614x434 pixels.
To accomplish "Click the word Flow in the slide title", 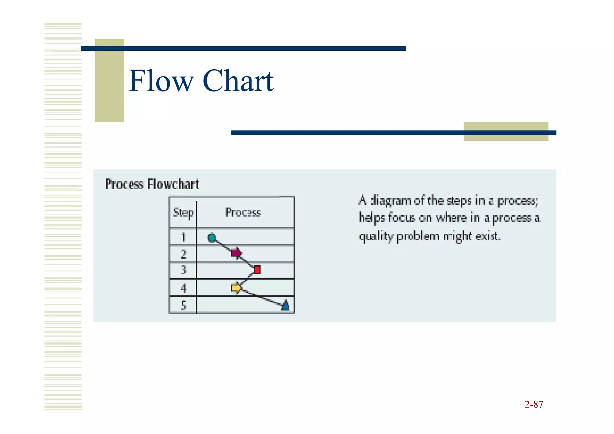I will tap(161, 81).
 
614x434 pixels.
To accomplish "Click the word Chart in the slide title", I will tap(238, 81).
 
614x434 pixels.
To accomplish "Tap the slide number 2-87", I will tap(534, 404).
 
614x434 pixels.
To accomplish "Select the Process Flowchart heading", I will tap(152, 184).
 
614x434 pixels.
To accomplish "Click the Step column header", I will tap(183, 213).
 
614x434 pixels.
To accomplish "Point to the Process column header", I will tap(243, 212).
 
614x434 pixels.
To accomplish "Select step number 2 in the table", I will tap(183, 254).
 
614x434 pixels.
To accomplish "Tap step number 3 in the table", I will tap(183, 270).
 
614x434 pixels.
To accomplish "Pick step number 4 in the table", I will tap(183, 288).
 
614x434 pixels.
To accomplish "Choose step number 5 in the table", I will tap(183, 305).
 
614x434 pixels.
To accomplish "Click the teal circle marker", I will tap(212, 238).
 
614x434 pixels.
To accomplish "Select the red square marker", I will tap(257, 270).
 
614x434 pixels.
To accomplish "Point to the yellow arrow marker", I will tap(236, 288).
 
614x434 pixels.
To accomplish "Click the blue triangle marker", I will tap(285, 305).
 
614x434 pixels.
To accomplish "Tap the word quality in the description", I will tap(376, 236).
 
